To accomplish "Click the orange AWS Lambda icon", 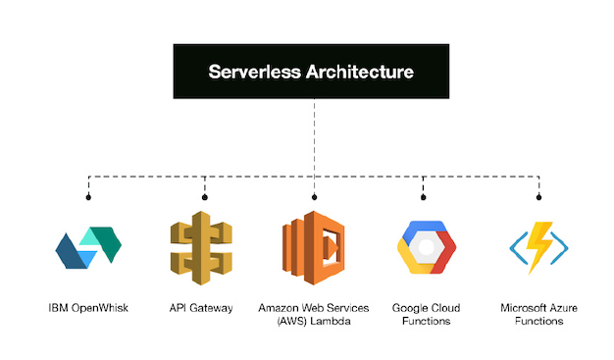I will pos(315,246).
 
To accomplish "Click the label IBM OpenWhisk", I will pos(89,308).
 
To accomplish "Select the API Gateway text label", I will pos(201,308).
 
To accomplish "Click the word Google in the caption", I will pos(410,308).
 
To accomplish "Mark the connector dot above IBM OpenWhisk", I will pos(89,197).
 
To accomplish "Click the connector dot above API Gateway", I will pos(204,197).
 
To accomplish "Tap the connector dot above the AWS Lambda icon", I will pos(314,197).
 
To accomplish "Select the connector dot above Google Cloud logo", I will pos(424,197).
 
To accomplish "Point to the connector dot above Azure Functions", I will pos(538,197).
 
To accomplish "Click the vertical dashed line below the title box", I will pos(314,137).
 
